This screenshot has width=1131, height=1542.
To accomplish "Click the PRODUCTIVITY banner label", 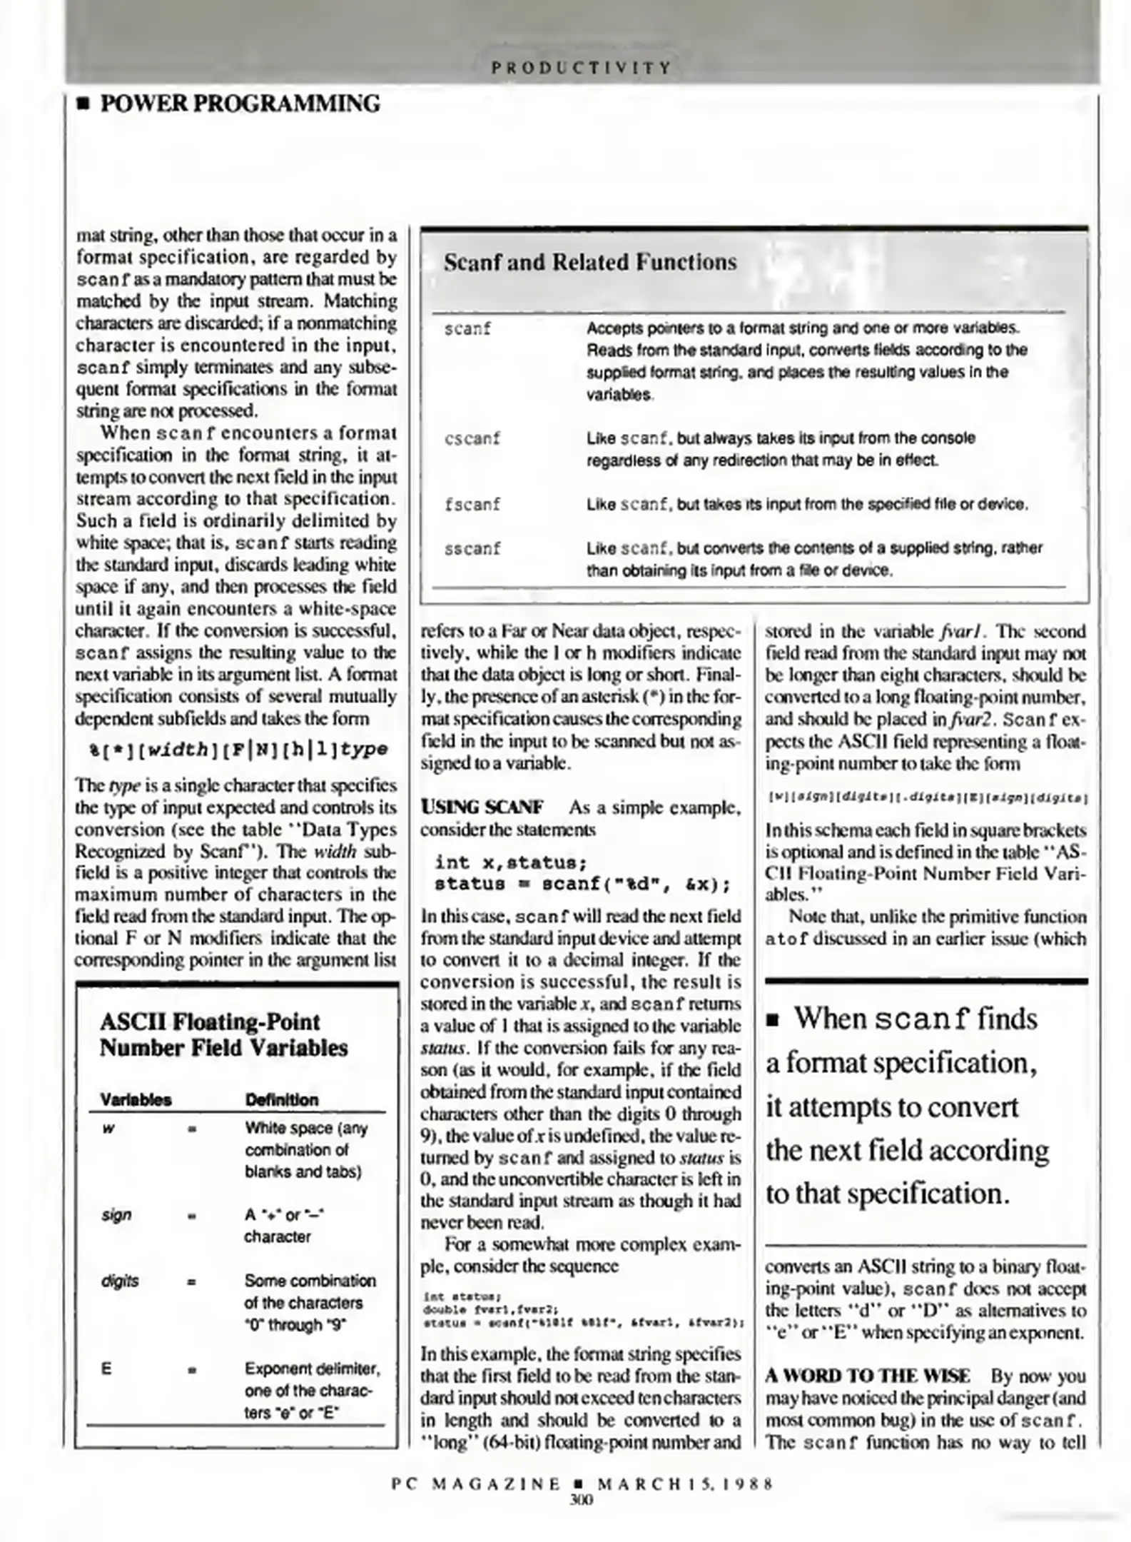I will pyautogui.click(x=581, y=69).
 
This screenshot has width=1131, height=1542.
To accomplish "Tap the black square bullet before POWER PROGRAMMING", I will pyautogui.click(x=84, y=106).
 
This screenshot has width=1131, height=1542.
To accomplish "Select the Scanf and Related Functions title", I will pyautogui.click(x=589, y=262).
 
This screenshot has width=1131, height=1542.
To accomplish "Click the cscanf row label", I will pyautogui.click(x=472, y=438).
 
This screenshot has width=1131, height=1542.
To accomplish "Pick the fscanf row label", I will pyautogui.click(x=472, y=504).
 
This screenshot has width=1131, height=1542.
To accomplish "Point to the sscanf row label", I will pyautogui.click(x=472, y=548).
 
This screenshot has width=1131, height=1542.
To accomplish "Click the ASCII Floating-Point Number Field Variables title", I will pyautogui.click(x=223, y=1034).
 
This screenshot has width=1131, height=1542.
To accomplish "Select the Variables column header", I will pyautogui.click(x=136, y=1099).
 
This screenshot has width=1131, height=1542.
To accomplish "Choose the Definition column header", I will pyautogui.click(x=282, y=1099).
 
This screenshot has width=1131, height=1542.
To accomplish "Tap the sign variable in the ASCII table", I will pyautogui.click(x=116, y=1215).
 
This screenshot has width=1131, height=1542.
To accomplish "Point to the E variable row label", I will pyautogui.click(x=106, y=1369).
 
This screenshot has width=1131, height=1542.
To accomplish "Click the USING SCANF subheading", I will pyautogui.click(x=482, y=807).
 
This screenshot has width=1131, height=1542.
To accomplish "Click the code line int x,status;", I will pyautogui.click(x=511, y=862).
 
